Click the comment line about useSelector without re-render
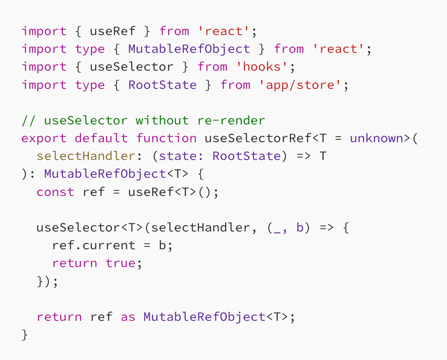(143, 121)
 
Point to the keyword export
(44, 139)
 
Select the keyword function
(166, 139)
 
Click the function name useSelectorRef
(258, 139)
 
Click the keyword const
(55, 192)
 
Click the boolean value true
(120, 263)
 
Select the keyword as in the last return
(128, 317)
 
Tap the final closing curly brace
(25, 335)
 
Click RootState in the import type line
(162, 85)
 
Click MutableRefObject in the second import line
(189, 49)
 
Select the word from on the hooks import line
(212, 67)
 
